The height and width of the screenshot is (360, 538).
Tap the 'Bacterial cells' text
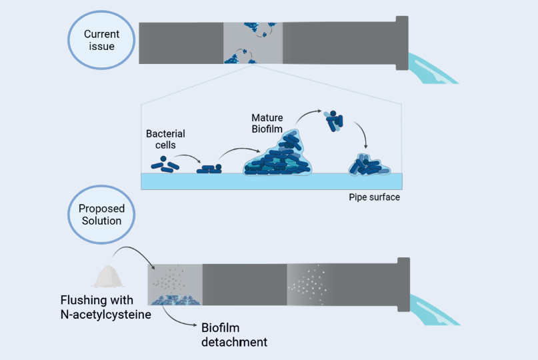pos(165,139)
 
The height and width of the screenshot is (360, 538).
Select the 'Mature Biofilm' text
pos(267,123)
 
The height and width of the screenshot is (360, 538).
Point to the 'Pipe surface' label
pos(374,197)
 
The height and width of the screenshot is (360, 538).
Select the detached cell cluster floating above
pos(333,120)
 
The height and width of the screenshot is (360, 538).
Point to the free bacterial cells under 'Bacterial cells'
pos(164,163)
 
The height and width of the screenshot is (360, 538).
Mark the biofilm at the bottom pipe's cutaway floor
pos(175,301)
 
